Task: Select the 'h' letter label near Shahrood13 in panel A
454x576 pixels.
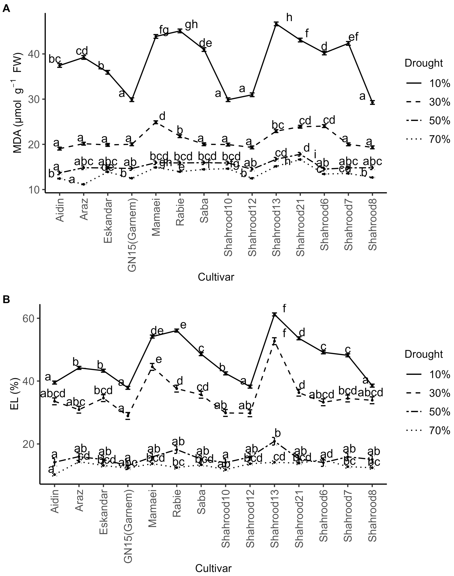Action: (x=289, y=18)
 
